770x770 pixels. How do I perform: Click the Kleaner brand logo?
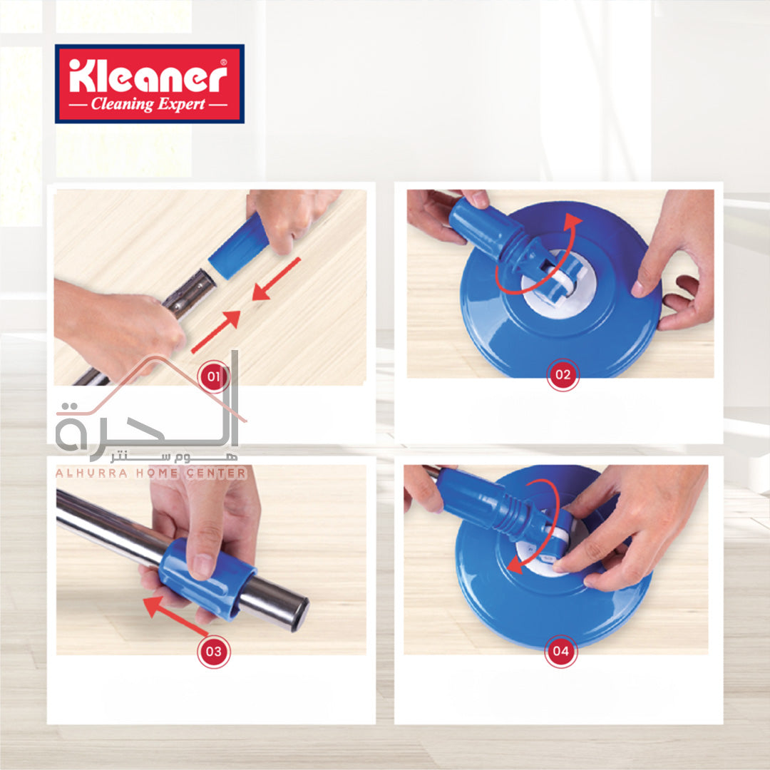[149, 83]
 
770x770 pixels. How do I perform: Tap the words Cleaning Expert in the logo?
[148, 104]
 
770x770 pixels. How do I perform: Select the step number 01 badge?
[214, 376]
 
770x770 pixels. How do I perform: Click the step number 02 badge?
[563, 375]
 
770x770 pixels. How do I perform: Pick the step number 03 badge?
[214, 651]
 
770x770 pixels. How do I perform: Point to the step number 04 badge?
[561, 651]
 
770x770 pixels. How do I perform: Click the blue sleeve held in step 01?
[239, 245]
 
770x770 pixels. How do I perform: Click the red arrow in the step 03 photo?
[175, 615]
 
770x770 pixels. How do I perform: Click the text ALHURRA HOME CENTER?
[151, 473]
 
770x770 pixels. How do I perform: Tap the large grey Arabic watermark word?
[148, 422]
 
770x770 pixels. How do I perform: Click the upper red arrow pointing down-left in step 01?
[276, 279]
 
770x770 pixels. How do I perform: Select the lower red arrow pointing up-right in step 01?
[216, 332]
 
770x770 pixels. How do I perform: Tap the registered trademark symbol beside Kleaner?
[224, 62]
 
